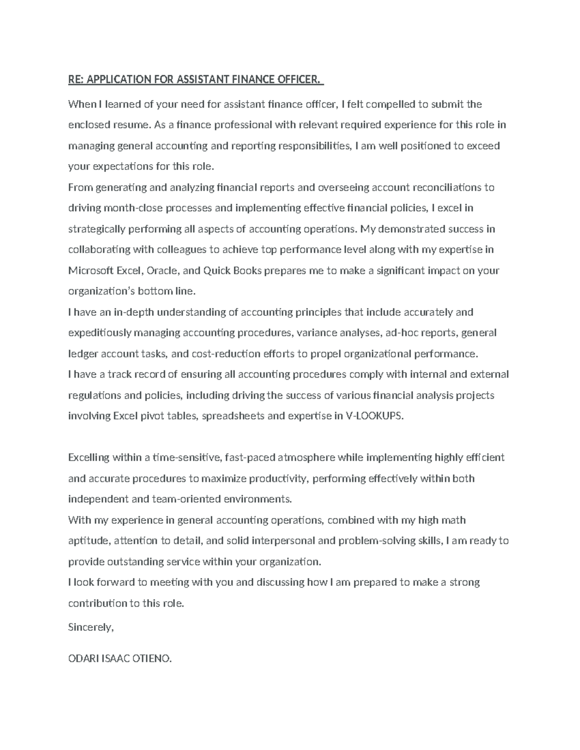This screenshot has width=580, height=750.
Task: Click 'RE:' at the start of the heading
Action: (x=76, y=79)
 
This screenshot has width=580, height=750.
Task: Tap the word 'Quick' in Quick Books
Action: (x=217, y=270)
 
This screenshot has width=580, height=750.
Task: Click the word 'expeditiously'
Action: (x=100, y=333)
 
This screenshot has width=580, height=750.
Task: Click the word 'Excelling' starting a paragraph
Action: (x=88, y=457)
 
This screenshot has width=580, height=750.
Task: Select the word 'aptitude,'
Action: (x=89, y=541)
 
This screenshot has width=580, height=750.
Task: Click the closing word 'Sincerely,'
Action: (x=91, y=627)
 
